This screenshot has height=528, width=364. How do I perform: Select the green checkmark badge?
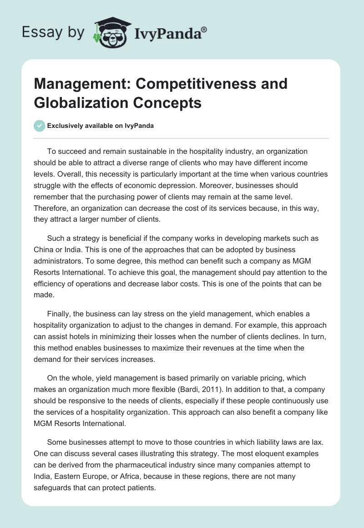point(39,126)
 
